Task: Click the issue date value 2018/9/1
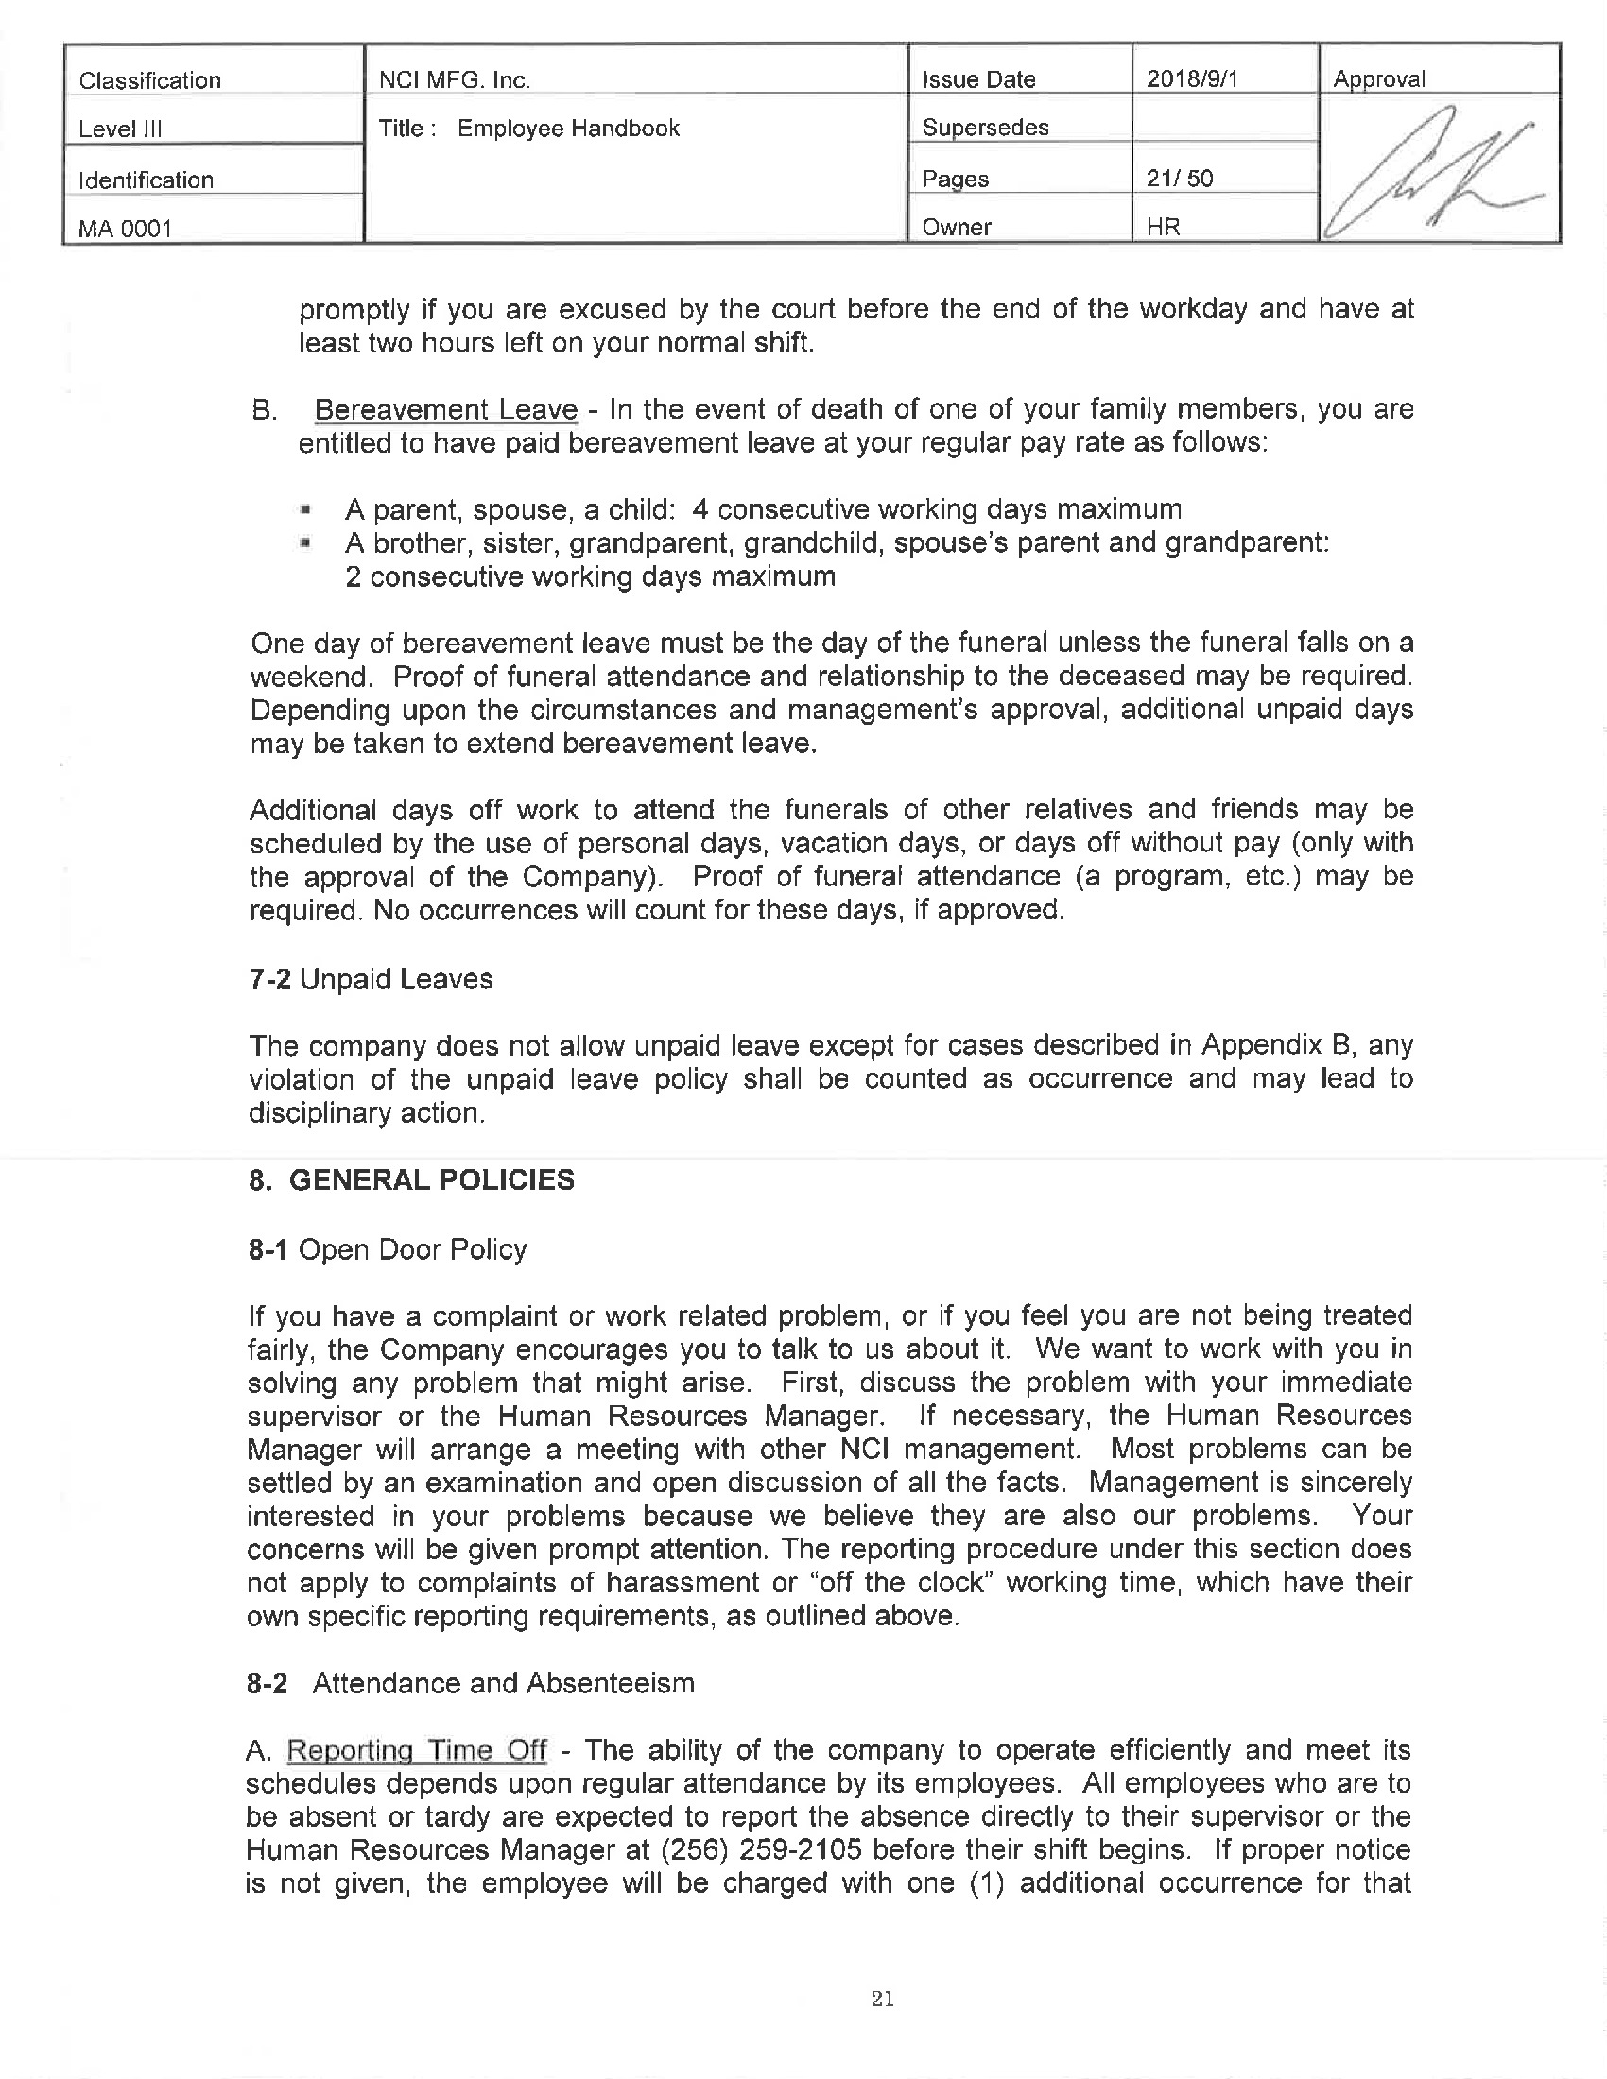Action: (x=1191, y=79)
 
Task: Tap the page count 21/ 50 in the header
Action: (x=1180, y=178)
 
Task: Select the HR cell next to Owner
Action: (x=1163, y=228)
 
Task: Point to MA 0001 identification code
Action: (x=125, y=229)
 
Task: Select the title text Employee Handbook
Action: (x=568, y=129)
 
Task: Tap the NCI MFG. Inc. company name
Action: (x=454, y=80)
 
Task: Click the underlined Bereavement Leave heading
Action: (x=445, y=409)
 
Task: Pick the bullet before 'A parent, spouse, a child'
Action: (x=304, y=509)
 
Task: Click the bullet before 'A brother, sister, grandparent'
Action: (x=304, y=543)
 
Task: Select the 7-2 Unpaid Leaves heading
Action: (x=371, y=979)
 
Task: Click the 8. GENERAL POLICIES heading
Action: (x=411, y=1179)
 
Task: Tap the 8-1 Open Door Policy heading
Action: (x=387, y=1249)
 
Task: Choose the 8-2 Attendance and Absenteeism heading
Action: (x=471, y=1683)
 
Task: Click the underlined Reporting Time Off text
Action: (x=417, y=1749)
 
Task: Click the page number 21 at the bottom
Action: (x=882, y=1998)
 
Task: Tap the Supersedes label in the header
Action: (x=984, y=128)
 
